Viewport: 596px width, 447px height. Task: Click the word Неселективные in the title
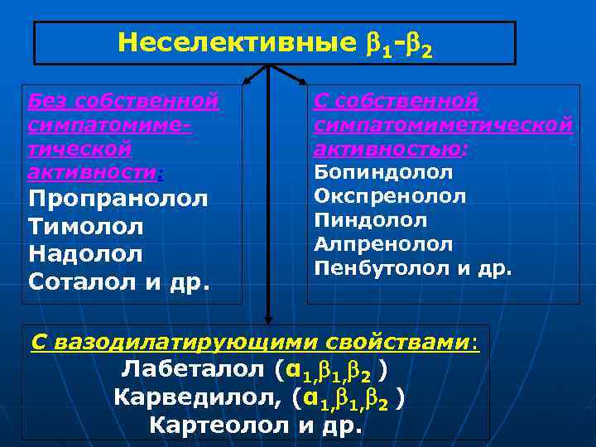point(230,42)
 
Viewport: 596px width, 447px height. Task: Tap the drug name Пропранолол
point(118,199)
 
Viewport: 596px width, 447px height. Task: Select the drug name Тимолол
point(86,227)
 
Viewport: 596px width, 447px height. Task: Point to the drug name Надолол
point(85,254)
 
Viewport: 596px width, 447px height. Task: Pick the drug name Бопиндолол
point(383,173)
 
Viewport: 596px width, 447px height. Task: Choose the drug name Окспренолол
point(390,197)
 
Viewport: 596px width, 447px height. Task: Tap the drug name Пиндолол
point(371,221)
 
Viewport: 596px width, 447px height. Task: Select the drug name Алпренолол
point(383,245)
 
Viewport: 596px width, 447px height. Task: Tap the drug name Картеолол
point(216,425)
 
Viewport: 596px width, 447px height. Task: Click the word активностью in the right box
point(388,149)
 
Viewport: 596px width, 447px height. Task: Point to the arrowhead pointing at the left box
point(246,81)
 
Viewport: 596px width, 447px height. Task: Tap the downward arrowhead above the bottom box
point(268,317)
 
